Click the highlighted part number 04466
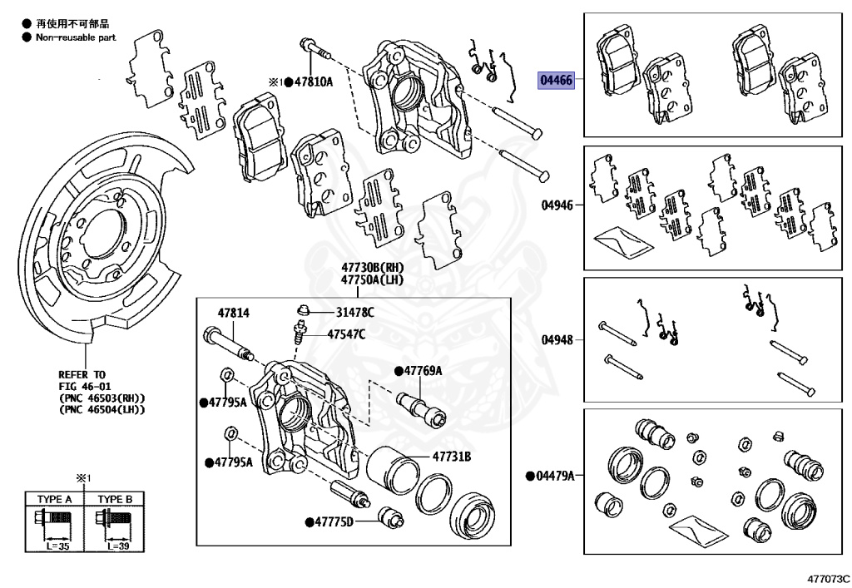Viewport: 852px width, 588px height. [x=556, y=80]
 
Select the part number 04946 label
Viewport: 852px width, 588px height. [x=557, y=204]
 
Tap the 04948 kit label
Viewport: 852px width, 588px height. [x=557, y=339]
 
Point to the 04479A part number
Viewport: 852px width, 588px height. [x=555, y=476]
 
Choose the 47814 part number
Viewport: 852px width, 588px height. [x=234, y=313]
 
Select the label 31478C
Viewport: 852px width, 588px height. [x=355, y=312]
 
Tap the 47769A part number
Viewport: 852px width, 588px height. [x=422, y=371]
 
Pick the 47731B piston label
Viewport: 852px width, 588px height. [x=451, y=457]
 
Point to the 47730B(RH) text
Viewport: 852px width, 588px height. [x=371, y=268]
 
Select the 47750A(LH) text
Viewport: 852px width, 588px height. [x=371, y=280]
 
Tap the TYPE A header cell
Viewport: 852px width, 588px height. [x=55, y=499]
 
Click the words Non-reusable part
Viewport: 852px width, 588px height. [x=76, y=37]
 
